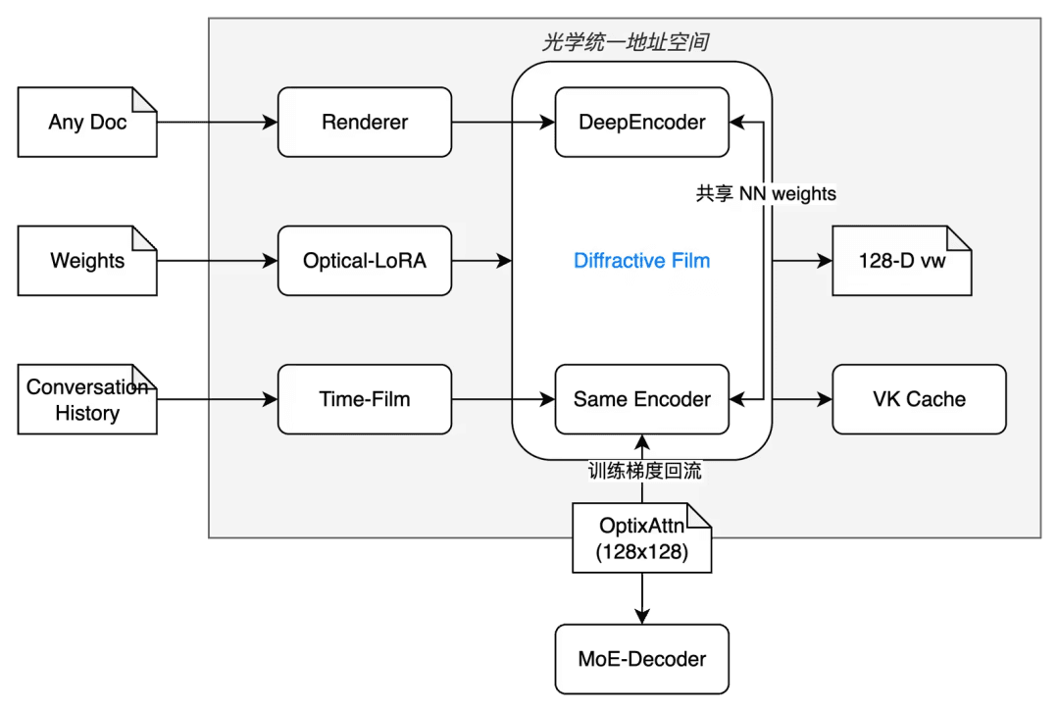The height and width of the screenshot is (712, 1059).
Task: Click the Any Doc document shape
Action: [x=87, y=123]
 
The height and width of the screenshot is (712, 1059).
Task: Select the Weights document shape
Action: [x=87, y=261]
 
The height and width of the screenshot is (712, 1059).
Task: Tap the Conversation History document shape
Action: [x=87, y=399]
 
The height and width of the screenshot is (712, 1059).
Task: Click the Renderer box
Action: [x=365, y=123]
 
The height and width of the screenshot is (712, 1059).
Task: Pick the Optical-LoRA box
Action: [x=365, y=261]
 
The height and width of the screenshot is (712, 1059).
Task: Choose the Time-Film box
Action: [x=365, y=399]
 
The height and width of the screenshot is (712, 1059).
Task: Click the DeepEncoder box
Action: [x=641, y=123]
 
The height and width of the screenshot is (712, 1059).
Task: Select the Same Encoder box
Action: [x=641, y=399]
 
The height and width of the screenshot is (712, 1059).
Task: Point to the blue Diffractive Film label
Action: [x=641, y=261]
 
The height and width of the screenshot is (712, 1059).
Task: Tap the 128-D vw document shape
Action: [x=902, y=261]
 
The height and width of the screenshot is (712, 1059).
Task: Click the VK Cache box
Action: [x=919, y=399]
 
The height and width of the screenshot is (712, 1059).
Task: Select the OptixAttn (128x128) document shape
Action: [x=641, y=538]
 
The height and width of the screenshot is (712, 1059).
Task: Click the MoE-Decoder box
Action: [x=641, y=659]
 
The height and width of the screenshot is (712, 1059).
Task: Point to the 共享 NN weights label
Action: [x=766, y=194]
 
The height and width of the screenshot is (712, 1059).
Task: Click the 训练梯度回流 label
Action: [x=645, y=471]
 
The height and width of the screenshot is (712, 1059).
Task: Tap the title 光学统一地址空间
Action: [x=626, y=42]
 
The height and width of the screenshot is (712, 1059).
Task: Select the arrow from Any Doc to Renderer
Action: [x=218, y=123]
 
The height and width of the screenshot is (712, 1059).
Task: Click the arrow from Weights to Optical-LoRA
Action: [x=218, y=261]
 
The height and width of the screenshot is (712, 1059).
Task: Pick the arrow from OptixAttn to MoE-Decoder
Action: [x=641, y=598]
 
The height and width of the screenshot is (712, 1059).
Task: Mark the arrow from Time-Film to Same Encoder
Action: [x=503, y=399]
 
